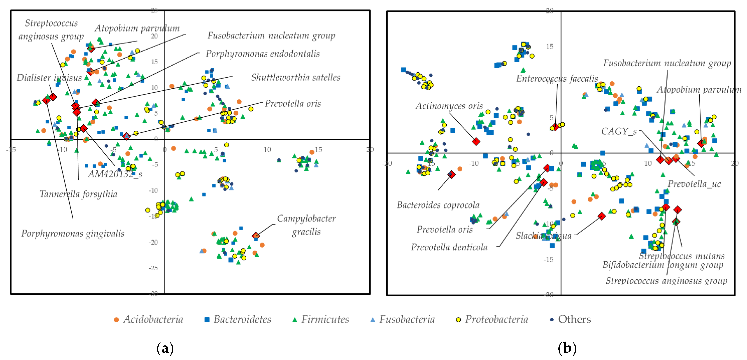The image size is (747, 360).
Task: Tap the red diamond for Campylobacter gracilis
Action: click(256, 235)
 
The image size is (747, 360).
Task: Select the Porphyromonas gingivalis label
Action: click(73, 233)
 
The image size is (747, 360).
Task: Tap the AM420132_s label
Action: click(115, 174)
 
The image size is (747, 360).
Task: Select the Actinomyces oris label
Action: click(449, 106)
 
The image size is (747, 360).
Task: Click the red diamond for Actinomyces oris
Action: click(476, 141)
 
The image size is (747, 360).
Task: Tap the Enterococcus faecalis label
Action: click(557, 78)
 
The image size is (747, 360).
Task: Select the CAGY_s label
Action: click(619, 132)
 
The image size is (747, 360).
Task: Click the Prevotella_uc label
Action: click(694, 184)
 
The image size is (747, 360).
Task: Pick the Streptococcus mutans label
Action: click(682, 256)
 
